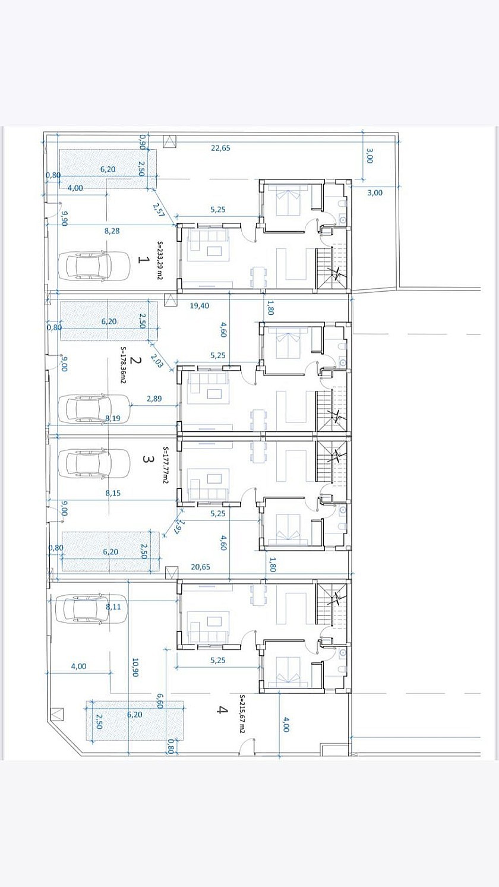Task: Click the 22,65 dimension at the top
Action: pyautogui.click(x=220, y=149)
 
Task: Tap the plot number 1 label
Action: pyautogui.click(x=143, y=260)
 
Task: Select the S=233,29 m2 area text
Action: pyautogui.click(x=160, y=261)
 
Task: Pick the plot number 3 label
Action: pyautogui.click(x=147, y=459)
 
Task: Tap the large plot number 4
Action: pyautogui.click(x=222, y=709)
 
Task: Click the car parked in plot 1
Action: pyautogui.click(x=94, y=266)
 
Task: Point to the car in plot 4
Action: pyautogui.click(x=92, y=608)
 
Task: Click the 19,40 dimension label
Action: pyautogui.click(x=199, y=306)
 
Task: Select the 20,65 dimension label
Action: pyautogui.click(x=200, y=567)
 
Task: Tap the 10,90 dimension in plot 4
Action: pyautogui.click(x=135, y=667)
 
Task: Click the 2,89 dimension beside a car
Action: pyautogui.click(x=154, y=399)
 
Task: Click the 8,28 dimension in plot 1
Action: pyautogui.click(x=112, y=231)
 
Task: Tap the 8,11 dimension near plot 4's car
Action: pyautogui.click(x=113, y=607)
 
